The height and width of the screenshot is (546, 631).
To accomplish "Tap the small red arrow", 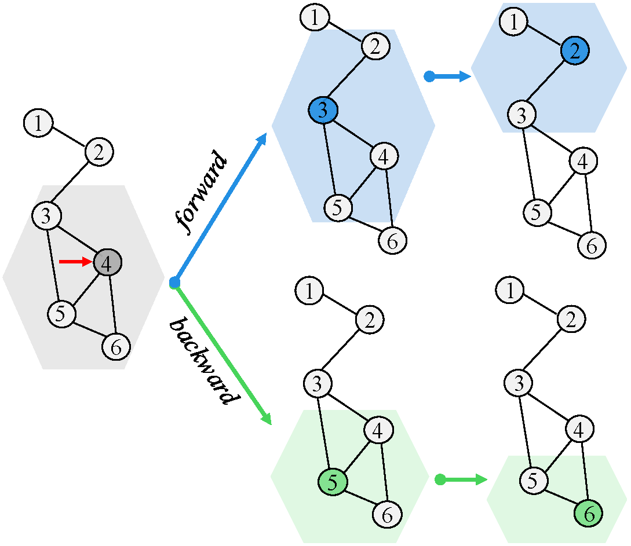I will (75, 262).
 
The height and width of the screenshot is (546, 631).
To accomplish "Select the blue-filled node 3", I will (323, 110).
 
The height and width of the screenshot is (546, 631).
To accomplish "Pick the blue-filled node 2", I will (574, 53).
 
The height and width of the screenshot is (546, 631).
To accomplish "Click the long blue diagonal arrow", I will (221, 209).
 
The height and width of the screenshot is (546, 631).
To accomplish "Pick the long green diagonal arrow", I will (223, 354).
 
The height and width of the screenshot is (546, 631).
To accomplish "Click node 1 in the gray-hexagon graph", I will (38, 123).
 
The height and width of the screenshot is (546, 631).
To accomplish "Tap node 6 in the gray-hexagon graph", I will (116, 347).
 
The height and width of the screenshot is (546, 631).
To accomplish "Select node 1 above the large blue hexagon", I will (315, 18).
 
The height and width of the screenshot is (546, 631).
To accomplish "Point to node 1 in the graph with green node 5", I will (310, 291).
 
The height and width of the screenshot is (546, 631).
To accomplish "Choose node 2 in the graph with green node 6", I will (571, 318).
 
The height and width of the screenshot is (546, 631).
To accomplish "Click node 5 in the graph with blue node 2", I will (538, 212).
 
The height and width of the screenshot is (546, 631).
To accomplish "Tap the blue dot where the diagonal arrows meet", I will (174, 283).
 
